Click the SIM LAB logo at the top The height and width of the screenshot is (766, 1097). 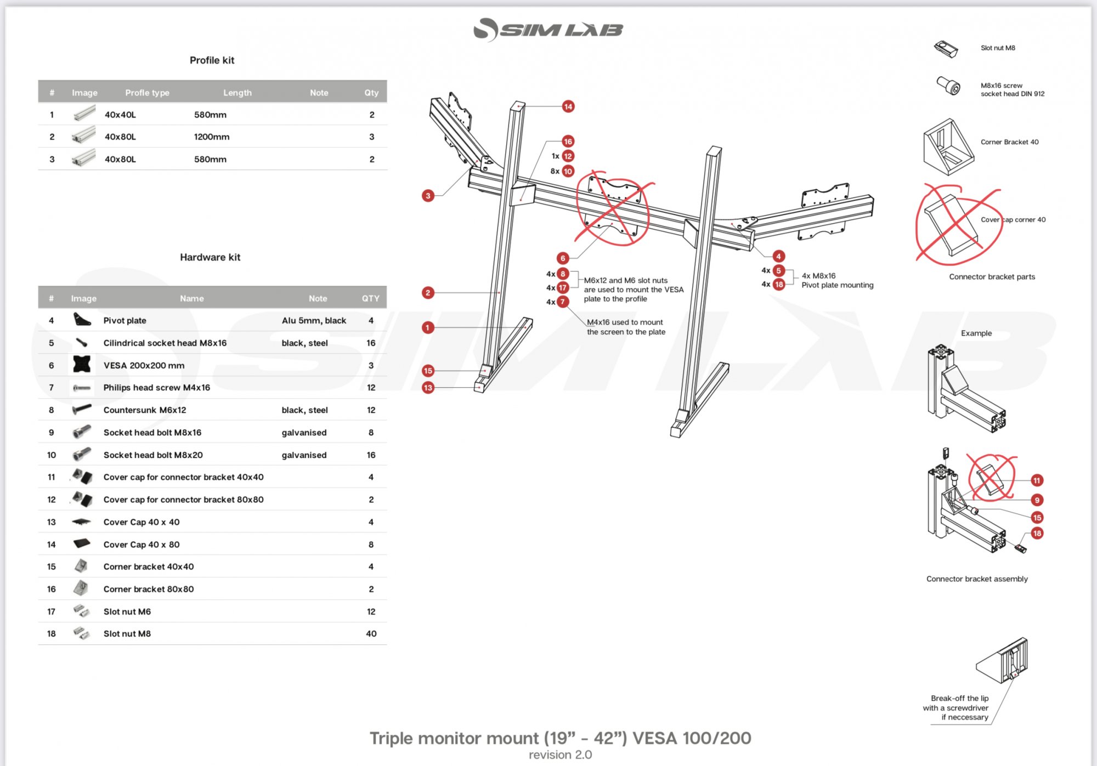coord(548,30)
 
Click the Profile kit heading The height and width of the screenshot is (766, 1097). coord(212,60)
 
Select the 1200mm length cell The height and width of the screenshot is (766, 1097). coord(212,137)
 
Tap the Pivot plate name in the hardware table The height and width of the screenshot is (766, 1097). coord(125,321)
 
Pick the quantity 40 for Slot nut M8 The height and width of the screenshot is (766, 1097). coord(371,634)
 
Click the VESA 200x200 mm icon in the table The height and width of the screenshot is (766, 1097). coord(82,365)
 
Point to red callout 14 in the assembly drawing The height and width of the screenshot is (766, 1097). coord(568,106)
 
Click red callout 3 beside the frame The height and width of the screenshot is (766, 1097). coord(428,196)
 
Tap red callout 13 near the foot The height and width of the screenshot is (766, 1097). coord(428,388)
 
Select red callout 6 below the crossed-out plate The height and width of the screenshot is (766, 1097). coord(563,258)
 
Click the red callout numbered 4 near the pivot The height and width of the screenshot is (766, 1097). coord(778,256)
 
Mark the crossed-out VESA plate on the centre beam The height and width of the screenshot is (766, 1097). coord(613,208)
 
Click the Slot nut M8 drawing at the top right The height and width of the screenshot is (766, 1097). coord(946,48)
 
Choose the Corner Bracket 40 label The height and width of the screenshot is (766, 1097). coord(1009,142)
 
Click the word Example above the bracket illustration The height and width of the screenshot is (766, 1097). coord(976,333)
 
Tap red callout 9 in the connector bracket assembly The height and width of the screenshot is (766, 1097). coord(1037,500)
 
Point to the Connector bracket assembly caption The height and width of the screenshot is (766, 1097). coord(977,579)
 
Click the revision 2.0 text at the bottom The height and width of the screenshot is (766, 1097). coord(560,755)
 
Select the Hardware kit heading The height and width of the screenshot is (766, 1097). coord(210,257)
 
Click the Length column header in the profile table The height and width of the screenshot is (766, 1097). coord(238,93)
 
